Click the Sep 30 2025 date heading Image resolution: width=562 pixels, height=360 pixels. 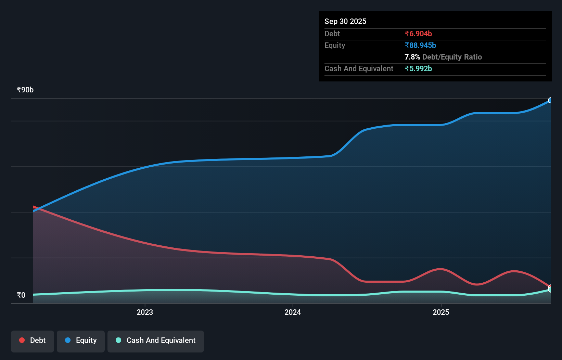pos(345,21)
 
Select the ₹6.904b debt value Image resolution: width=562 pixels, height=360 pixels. pos(418,34)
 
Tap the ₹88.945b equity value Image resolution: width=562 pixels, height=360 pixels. pos(420,45)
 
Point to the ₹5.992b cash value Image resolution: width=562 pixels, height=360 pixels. pos(418,68)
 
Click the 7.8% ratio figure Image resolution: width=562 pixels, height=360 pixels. pos(412,57)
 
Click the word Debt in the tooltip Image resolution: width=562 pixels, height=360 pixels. pos(332,34)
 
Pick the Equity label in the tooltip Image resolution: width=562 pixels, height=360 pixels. pos(334,45)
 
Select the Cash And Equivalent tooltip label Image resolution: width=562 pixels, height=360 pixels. pos(359,68)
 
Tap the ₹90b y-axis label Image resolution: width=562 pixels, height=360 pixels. pos(25,90)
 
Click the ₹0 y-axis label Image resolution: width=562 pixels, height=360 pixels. pos(21,295)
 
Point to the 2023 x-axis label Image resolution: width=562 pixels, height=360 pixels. pos(144,312)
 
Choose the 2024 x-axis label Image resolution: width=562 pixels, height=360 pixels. pos(293,312)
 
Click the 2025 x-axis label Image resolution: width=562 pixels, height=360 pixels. pos(440,312)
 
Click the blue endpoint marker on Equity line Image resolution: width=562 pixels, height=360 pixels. pos(550,100)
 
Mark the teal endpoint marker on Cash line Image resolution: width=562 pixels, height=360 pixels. pos(550,290)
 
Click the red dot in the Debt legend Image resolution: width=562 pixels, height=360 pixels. pos(22,340)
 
